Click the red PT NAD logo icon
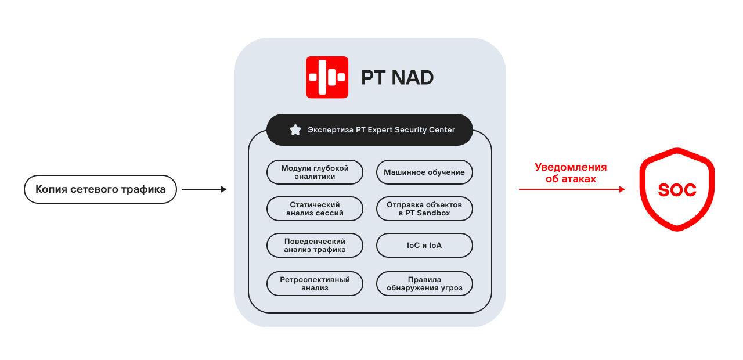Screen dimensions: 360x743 [327, 77]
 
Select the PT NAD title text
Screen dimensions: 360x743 [397, 78]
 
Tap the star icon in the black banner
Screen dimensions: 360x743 [295, 130]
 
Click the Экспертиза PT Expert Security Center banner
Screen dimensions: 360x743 [370, 130]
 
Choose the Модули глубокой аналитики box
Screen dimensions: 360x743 [315, 172]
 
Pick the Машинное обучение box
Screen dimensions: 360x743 [424, 172]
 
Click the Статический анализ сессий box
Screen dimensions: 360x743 [315, 209]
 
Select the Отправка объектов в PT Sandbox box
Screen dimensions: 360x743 [424, 209]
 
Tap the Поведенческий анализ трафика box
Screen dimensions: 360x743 [315, 246]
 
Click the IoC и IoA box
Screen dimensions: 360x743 [424, 246]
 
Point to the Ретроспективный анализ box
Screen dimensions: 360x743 [315, 284]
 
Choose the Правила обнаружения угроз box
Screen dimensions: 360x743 [424, 284]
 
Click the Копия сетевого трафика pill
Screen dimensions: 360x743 [100, 189]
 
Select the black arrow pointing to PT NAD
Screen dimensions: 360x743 [204, 189]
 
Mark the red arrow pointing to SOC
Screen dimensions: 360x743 [572, 189]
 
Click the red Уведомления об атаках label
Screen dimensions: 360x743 [571, 173]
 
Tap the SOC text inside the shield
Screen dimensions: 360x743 [677, 190]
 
